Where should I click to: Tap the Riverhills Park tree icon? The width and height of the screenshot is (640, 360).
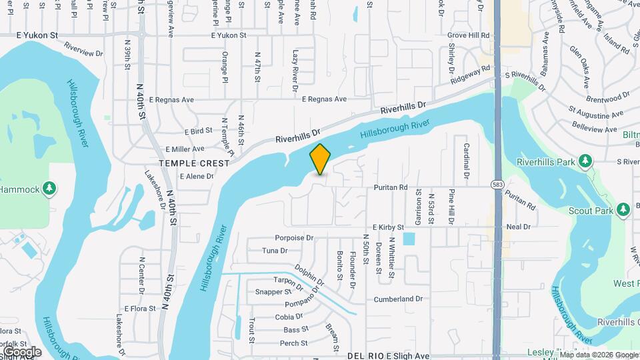(585, 161)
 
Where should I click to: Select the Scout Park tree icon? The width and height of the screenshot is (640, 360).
(623, 210)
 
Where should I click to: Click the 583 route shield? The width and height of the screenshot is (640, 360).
(497, 184)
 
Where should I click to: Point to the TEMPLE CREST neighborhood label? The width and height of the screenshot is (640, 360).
(194, 163)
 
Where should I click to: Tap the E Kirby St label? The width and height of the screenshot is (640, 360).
(389, 227)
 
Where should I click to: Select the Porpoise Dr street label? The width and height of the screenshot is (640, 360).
(294, 238)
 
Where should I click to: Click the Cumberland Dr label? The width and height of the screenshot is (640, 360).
(399, 299)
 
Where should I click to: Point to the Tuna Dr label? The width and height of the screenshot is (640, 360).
(275, 251)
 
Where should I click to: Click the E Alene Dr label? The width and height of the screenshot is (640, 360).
(196, 177)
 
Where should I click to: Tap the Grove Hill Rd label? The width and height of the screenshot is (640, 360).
(469, 35)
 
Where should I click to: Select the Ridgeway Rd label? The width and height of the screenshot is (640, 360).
(471, 73)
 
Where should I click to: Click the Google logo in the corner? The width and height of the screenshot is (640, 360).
(22, 351)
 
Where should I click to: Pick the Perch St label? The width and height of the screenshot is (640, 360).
(294, 343)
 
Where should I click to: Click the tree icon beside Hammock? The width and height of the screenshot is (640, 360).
(49, 189)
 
